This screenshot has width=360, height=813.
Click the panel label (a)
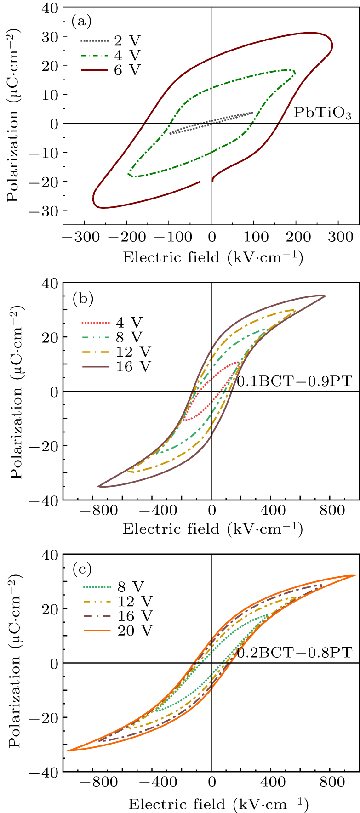click(82, 21)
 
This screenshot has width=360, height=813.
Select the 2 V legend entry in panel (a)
click(110, 41)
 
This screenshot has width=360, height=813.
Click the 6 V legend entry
click(110, 70)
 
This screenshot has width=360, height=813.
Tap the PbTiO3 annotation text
click(322, 113)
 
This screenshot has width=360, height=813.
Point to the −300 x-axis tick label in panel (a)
click(80, 237)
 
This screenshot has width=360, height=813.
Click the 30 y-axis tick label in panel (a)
click(49, 37)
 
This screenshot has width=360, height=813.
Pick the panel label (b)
click(83, 299)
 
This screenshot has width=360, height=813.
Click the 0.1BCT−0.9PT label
click(294, 381)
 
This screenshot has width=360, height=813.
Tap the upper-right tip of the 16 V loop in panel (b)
click(325, 296)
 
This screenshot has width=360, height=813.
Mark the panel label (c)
click(82, 570)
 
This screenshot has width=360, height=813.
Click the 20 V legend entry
click(118, 631)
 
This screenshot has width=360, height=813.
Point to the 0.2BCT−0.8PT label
click(294, 652)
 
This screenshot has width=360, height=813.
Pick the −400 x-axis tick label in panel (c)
click(158, 781)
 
